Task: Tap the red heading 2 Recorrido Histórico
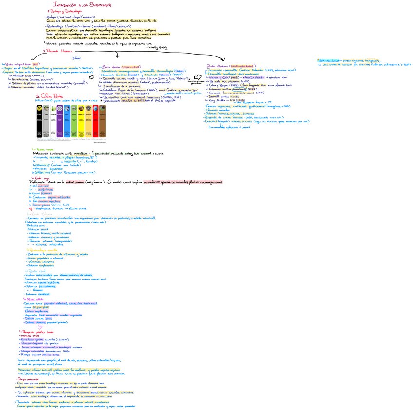pos(58,51)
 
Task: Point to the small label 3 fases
pos(76,58)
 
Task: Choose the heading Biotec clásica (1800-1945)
pos(113,67)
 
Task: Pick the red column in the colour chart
pos(88,125)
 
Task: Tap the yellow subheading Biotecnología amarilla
pos(45,249)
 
